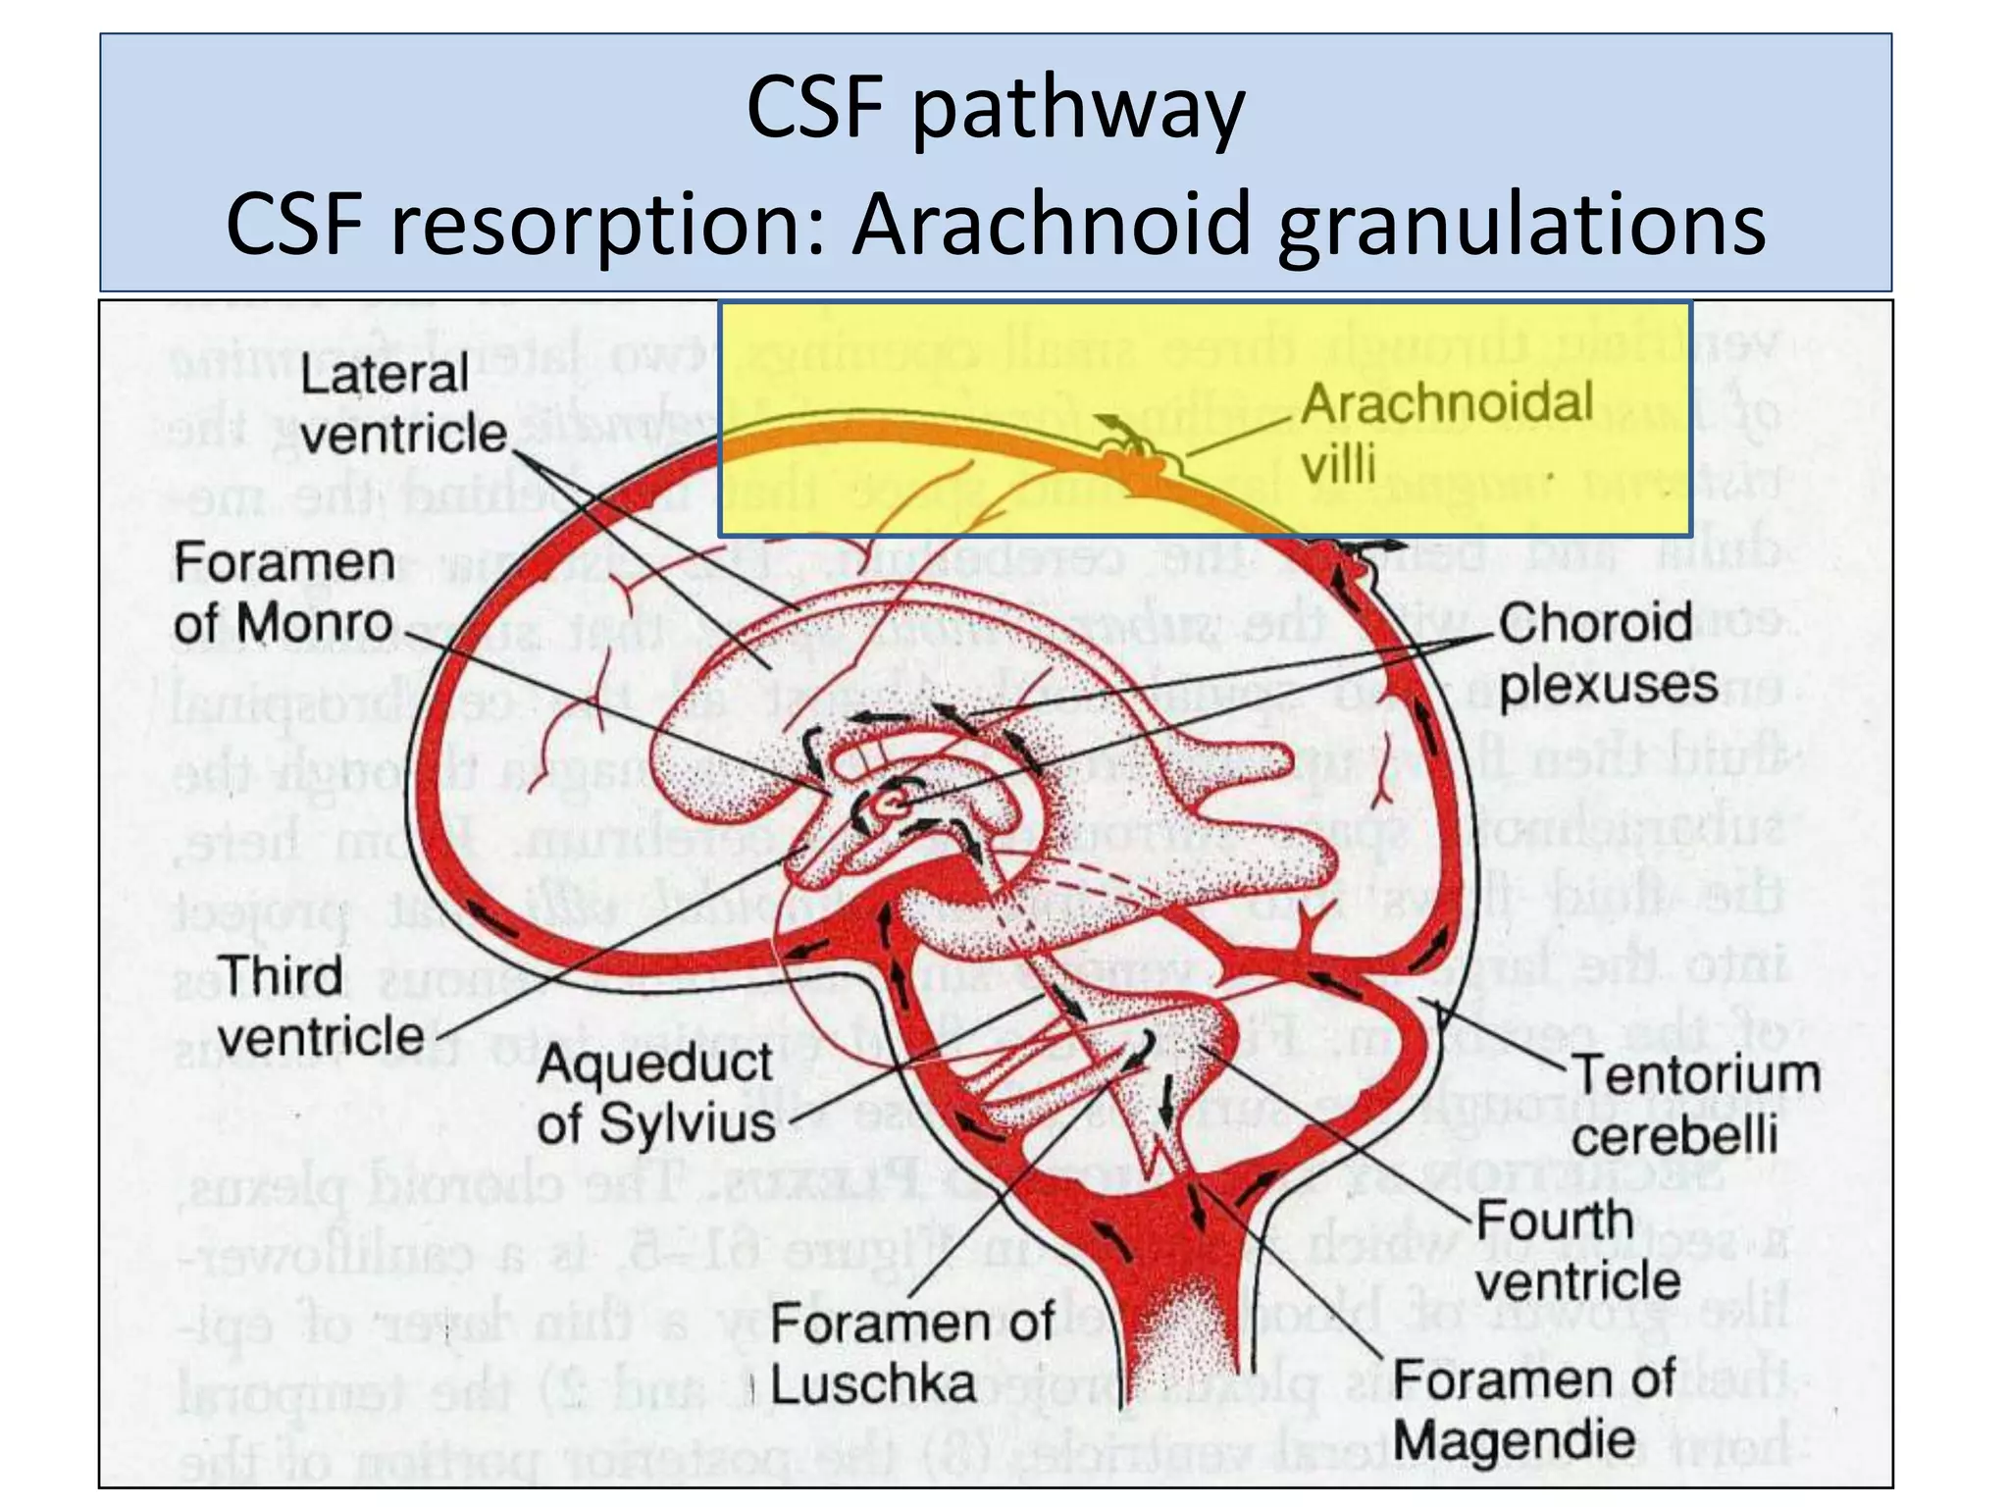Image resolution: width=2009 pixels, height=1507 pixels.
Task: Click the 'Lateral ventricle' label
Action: click(x=402, y=404)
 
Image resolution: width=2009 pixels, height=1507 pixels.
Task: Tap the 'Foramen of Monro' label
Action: click(x=283, y=593)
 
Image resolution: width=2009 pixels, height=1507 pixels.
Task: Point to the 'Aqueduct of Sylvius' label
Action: click(x=655, y=1093)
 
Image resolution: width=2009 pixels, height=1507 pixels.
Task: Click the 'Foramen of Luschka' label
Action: click(x=911, y=1353)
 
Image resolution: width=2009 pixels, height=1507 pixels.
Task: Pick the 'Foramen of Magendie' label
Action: click(x=1534, y=1410)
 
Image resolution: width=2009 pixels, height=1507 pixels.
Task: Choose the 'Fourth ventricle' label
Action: click(x=1576, y=1250)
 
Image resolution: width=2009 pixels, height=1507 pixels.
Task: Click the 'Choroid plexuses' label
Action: click(x=1607, y=652)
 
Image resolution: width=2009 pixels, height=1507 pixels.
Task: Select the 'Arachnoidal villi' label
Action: click(x=1447, y=433)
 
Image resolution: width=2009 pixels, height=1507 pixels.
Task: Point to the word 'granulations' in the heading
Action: click(x=1520, y=225)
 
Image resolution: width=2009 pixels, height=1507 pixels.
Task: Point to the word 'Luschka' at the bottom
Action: click(x=873, y=1384)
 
